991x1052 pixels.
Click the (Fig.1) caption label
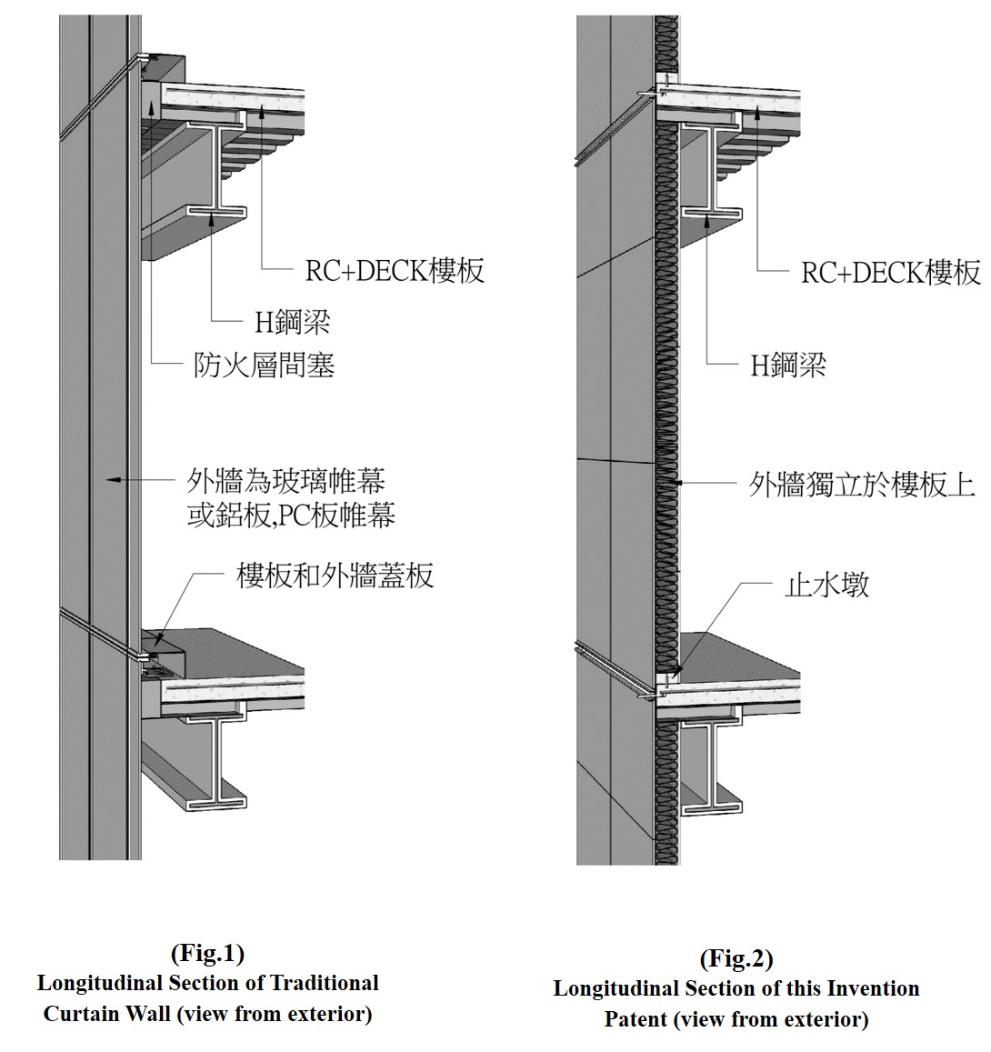207,953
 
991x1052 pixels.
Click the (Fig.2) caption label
736,958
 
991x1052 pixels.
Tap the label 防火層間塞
264,365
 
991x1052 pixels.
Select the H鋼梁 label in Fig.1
292,321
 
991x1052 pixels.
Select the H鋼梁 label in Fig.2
787,365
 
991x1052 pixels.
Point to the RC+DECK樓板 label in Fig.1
395,270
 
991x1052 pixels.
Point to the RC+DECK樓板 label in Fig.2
890,272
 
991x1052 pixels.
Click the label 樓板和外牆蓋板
335,575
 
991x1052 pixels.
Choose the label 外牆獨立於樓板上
861,484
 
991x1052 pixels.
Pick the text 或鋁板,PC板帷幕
291,516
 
